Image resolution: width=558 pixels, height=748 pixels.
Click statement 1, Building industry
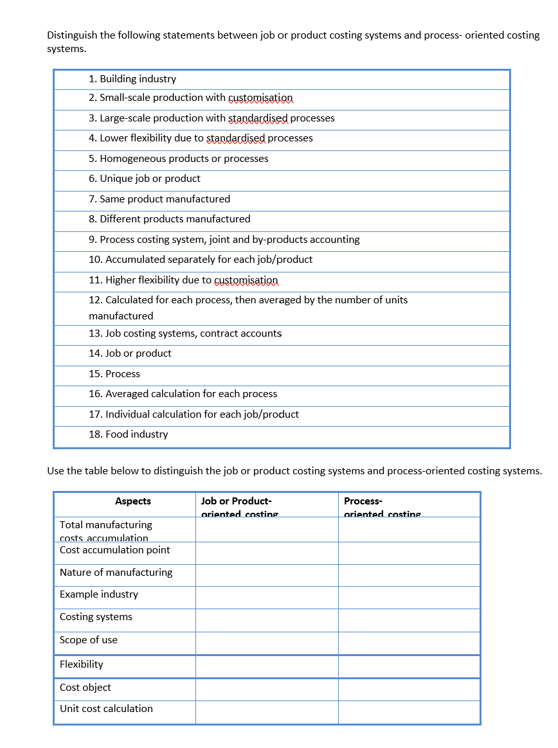pos(132,79)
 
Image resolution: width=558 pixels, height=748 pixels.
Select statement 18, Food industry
pos(129,434)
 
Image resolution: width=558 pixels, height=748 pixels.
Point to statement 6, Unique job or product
pos(145,179)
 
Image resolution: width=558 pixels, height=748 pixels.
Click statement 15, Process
pos(114,374)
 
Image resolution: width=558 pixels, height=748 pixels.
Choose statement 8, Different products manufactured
pos(170,219)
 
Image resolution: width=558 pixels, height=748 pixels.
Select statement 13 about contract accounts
pos(185,334)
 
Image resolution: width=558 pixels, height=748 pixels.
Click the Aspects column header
pos(133,501)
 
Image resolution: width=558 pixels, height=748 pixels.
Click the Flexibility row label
pos(82,664)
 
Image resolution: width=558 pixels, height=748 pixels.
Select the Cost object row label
pos(85,688)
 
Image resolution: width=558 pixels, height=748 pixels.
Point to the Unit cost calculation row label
pos(107,709)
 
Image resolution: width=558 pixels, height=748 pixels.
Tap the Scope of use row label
pos(89,640)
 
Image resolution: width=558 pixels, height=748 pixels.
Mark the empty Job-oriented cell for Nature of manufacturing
pos(267,575)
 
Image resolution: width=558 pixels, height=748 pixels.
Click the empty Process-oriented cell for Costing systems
pos(409,620)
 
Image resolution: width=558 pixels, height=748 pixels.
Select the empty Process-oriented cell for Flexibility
pos(409,666)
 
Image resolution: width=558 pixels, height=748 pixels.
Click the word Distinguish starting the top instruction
pos(72,35)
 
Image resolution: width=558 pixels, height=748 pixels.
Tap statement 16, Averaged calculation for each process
pos(183,394)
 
